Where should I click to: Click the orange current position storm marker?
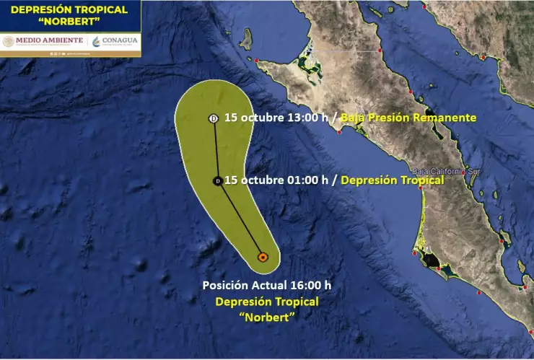pos(263,256)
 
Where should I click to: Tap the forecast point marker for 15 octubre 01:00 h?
pos(218,181)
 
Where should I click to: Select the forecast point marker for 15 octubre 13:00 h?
pos(214,118)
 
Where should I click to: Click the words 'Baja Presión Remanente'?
pos(408,118)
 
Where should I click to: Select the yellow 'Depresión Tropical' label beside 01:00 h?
pos(392,180)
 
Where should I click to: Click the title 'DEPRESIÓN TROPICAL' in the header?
pos(70,9)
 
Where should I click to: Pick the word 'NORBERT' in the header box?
pos(70,22)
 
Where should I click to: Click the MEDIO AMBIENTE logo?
pos(43,40)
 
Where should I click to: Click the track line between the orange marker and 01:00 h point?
pos(240,219)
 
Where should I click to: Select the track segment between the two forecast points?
pos(216,150)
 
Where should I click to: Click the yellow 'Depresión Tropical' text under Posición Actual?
pos(266,301)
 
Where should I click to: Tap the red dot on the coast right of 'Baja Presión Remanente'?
pos(338,132)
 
